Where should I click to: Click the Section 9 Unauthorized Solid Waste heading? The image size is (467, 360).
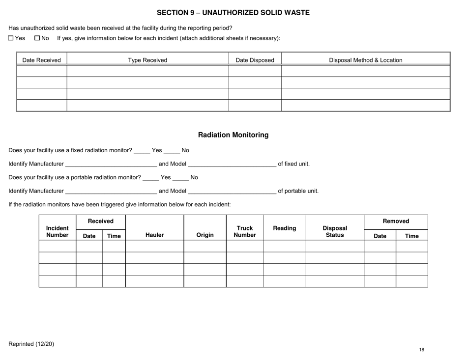233,13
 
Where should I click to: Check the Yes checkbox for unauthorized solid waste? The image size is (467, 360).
11,39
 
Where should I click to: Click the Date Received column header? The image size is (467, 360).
42,60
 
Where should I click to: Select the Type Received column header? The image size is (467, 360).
147,60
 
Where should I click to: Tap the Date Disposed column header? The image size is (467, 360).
255,60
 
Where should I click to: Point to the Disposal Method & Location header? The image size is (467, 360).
365,60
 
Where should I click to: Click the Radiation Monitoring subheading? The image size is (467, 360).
233,135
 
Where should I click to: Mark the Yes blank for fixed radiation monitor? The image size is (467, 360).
142,151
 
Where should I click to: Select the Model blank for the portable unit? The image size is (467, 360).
232,191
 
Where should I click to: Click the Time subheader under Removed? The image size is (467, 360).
411,236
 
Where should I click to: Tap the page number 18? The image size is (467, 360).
422,350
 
